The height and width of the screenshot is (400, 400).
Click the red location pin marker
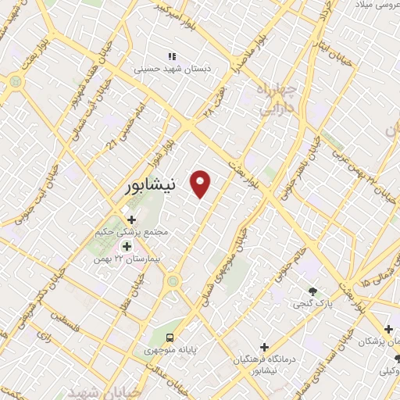pyautogui.click(x=202, y=184)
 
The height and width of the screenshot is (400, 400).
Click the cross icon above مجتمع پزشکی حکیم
pyautogui.click(x=131, y=220)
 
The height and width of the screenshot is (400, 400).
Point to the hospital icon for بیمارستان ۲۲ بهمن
pyautogui.click(x=127, y=246)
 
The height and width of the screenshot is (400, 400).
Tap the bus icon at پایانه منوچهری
pyautogui.click(x=170, y=337)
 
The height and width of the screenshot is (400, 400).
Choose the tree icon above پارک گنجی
pyautogui.click(x=313, y=288)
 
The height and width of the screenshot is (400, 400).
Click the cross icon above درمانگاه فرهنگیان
pyautogui.click(x=264, y=347)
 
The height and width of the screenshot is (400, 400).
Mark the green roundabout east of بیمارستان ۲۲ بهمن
pyautogui.click(x=173, y=280)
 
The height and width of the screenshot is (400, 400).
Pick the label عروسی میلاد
pyautogui.click(x=373, y=5)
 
